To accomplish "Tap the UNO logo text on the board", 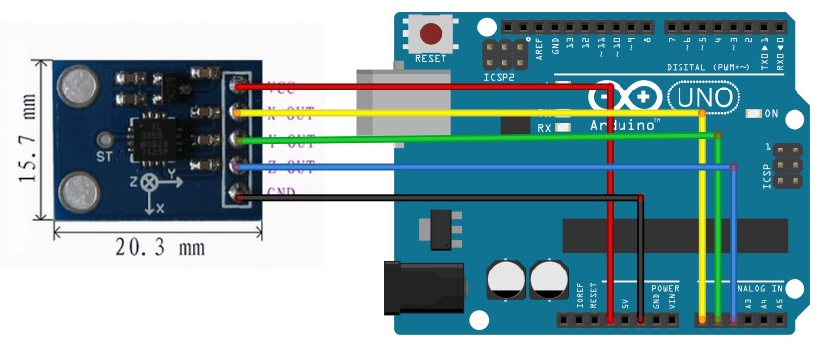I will click(x=703, y=97).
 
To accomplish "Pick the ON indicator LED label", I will click(x=771, y=114).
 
